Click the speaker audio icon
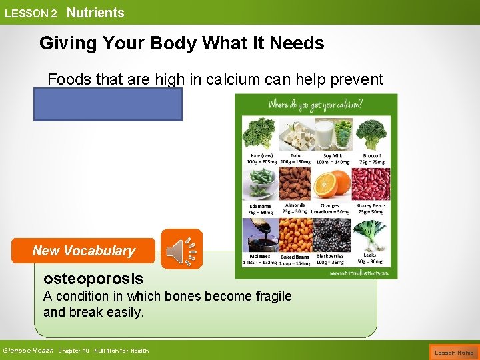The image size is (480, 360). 180,250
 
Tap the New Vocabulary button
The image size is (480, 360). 84,251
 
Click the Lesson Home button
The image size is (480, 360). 454,352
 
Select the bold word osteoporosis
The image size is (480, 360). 93,279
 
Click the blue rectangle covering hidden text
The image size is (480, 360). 108,105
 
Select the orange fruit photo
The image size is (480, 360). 329,184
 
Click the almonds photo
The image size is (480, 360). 295,184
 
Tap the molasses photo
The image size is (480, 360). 259,234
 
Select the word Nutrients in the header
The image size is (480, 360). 95,13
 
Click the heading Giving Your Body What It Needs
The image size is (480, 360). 181,43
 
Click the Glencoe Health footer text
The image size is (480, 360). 28,351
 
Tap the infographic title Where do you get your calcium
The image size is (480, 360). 315,105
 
